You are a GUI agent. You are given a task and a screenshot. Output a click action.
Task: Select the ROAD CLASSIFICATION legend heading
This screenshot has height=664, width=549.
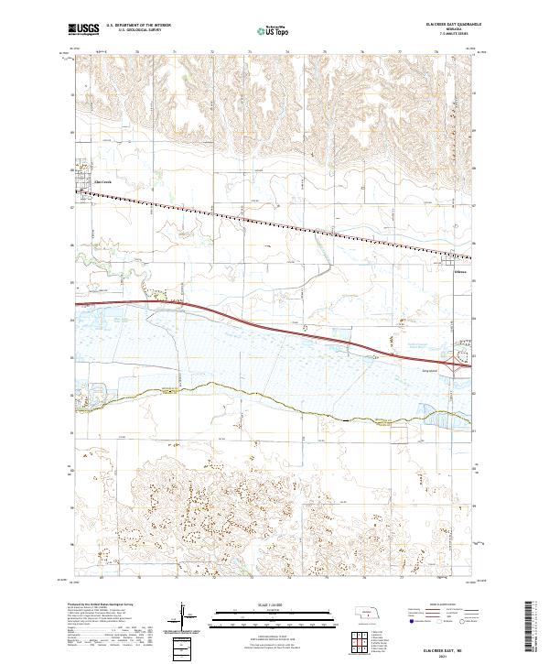click(x=438, y=605)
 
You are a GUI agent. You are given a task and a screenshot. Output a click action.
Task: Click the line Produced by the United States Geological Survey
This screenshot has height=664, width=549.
click(x=102, y=606)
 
